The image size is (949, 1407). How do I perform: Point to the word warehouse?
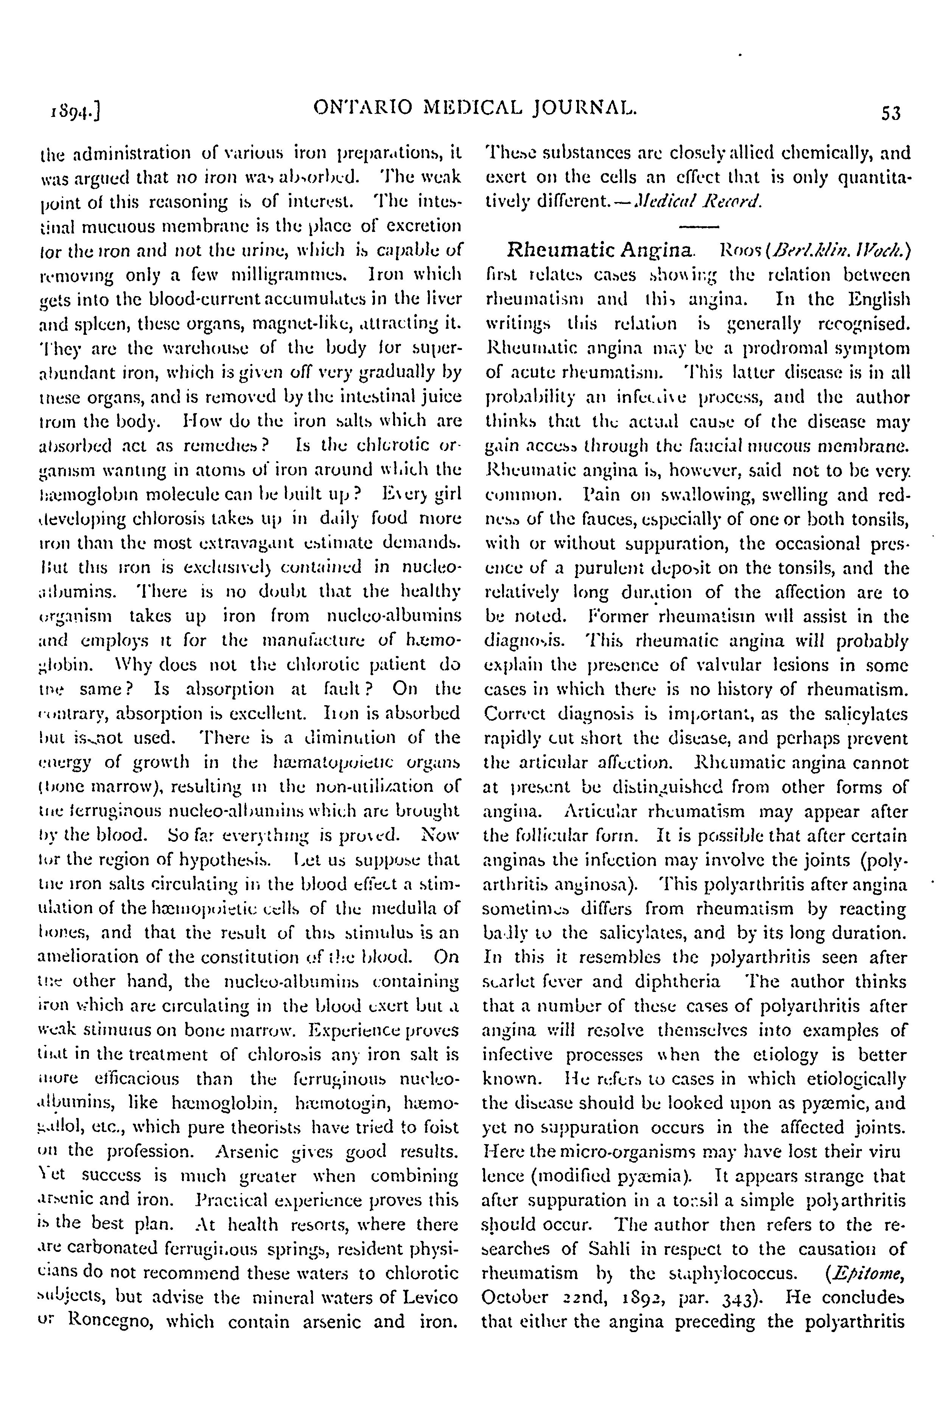196,347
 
